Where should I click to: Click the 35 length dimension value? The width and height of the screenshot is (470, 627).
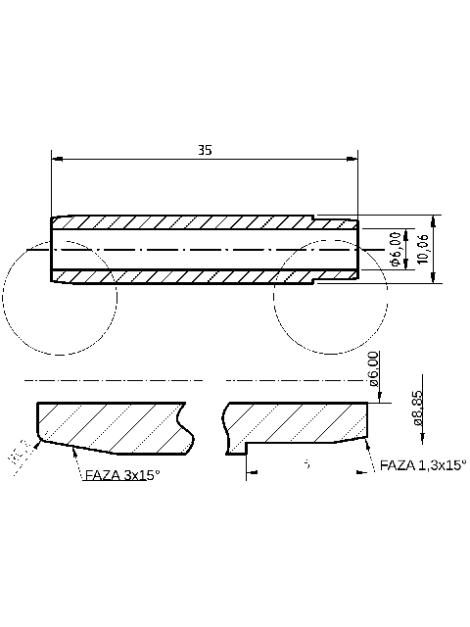point(204,150)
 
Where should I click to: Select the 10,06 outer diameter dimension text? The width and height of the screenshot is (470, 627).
point(422,249)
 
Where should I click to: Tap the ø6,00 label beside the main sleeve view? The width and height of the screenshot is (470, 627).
point(396,249)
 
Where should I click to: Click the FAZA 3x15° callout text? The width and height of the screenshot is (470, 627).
point(122,474)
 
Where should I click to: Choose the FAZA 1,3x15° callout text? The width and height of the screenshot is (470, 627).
point(422,466)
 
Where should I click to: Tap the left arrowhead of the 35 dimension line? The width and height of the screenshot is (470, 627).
point(56,158)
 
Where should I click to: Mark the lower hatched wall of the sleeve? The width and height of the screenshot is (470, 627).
point(196,276)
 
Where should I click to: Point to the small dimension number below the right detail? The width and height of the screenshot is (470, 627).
point(306,463)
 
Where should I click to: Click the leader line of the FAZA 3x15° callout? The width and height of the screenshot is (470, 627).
point(69,464)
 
